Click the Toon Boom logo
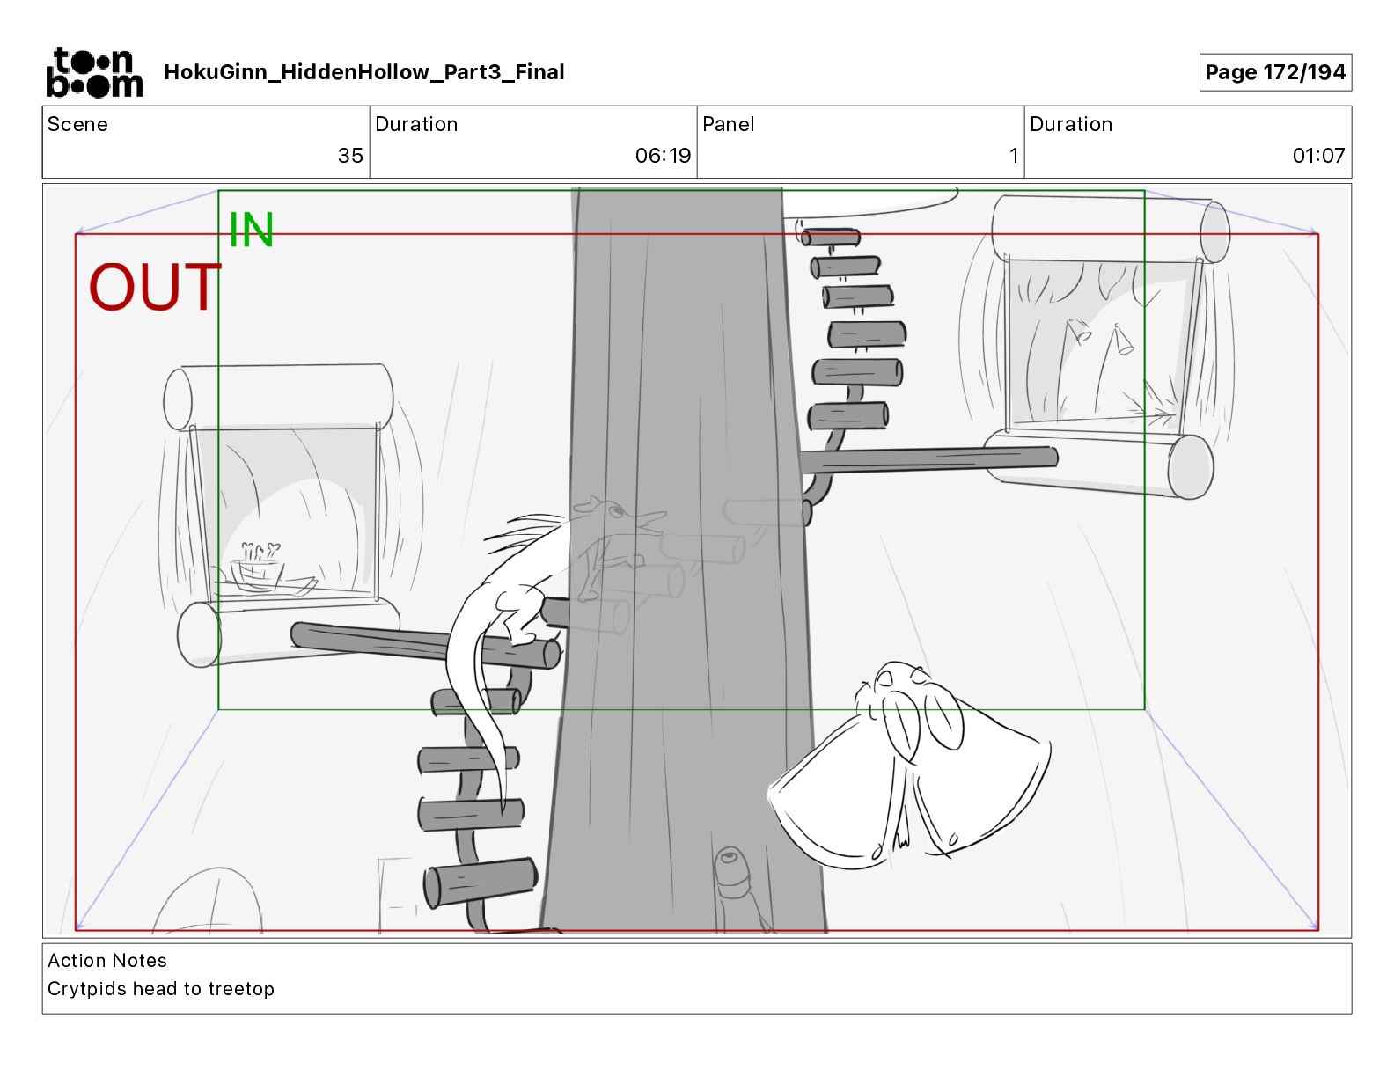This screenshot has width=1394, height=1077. (x=95, y=72)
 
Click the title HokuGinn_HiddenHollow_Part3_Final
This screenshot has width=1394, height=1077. (x=363, y=72)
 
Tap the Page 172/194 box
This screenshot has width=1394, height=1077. (x=1274, y=72)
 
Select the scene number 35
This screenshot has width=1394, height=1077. (x=350, y=155)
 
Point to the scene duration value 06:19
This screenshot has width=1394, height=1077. (x=663, y=155)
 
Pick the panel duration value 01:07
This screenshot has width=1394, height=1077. (x=1318, y=155)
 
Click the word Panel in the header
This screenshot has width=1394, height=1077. (x=728, y=124)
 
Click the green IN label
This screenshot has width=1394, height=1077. (x=252, y=230)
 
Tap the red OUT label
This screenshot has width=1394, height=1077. (x=155, y=287)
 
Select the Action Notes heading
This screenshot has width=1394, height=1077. (x=107, y=960)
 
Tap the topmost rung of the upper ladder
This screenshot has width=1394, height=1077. (x=830, y=238)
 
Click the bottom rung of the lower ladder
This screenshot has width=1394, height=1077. (x=480, y=882)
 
